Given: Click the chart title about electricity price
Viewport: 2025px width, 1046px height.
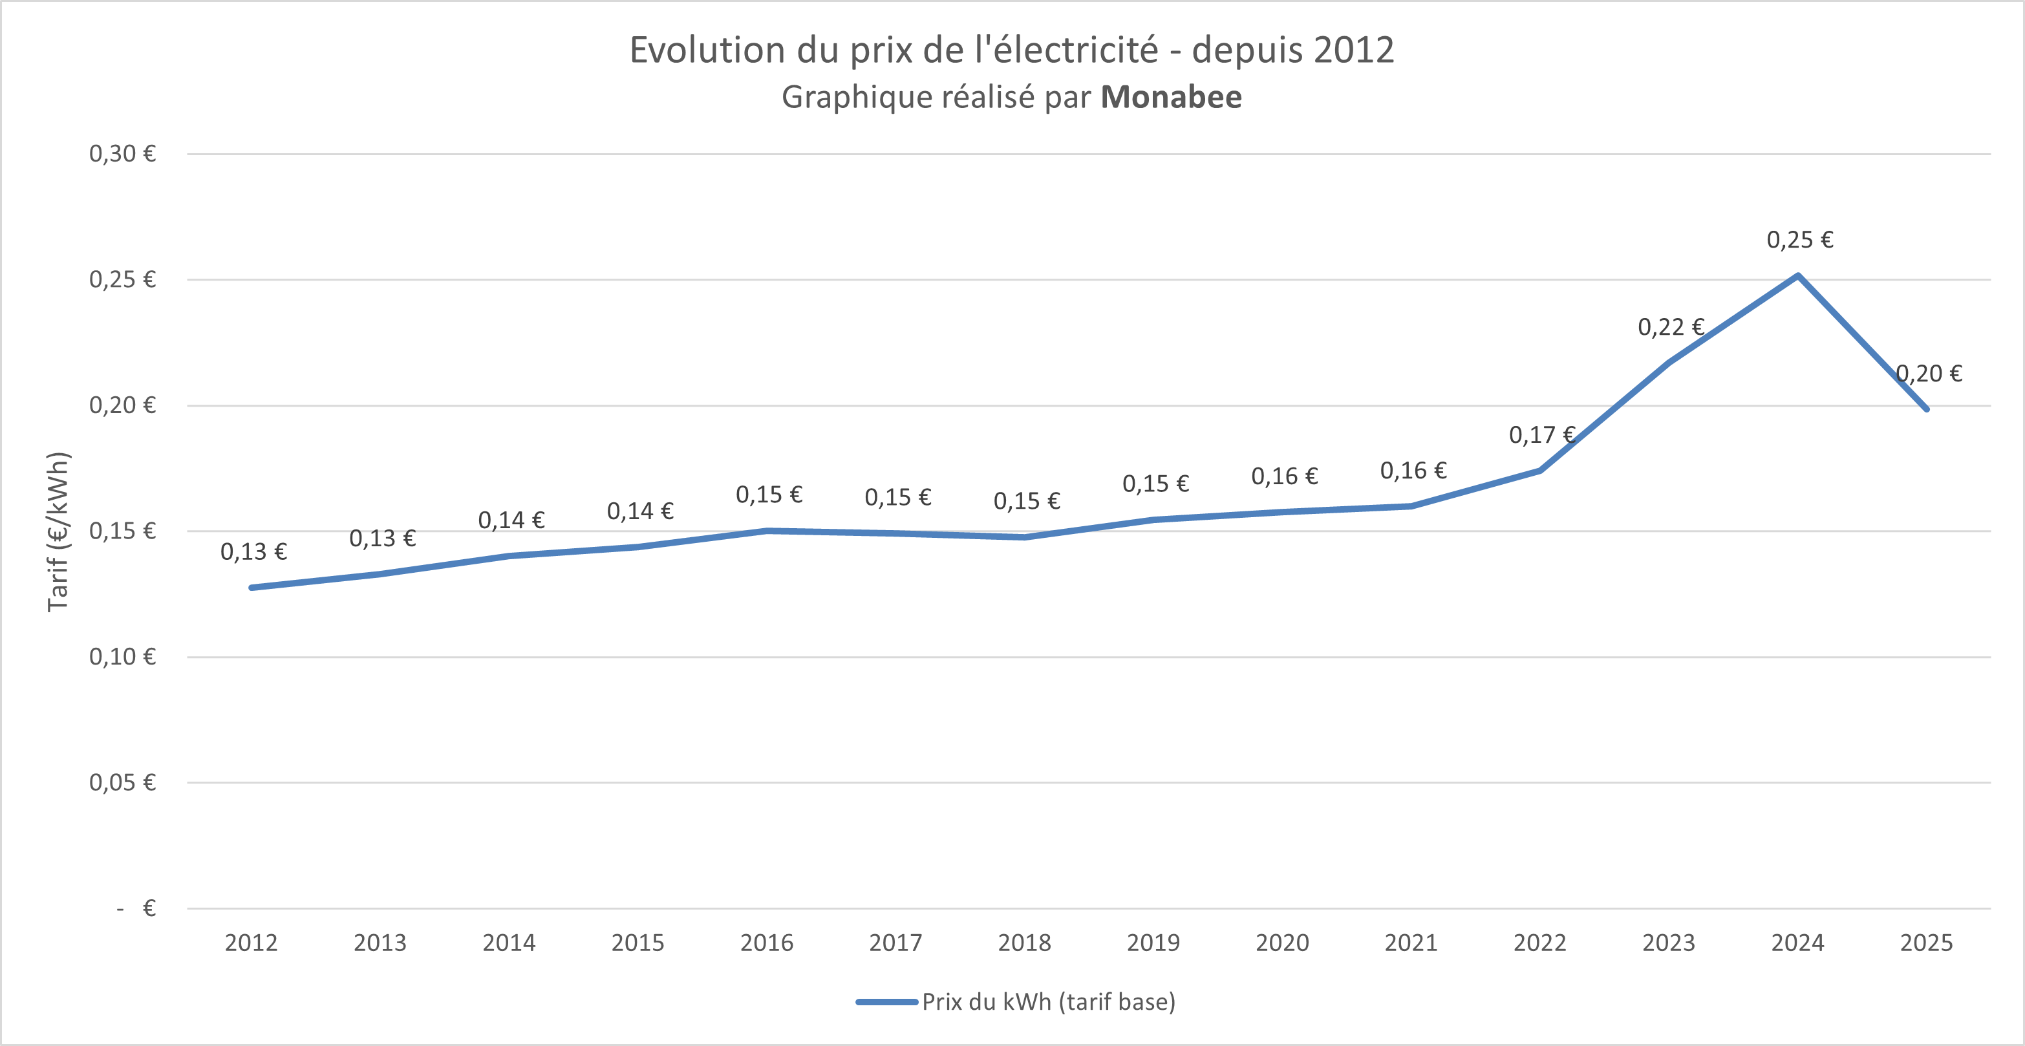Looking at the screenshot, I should point(1012,50).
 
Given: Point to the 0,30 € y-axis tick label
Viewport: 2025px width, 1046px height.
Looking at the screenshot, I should point(123,154).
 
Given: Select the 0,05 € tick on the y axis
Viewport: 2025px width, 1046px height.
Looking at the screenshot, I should point(123,783).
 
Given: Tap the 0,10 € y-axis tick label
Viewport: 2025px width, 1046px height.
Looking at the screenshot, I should point(123,657).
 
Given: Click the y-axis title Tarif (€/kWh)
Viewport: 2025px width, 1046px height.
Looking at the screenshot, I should point(59,532).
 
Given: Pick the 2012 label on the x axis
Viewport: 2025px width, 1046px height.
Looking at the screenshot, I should point(251,943).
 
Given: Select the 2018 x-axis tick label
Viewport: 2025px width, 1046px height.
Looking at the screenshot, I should point(1024,943).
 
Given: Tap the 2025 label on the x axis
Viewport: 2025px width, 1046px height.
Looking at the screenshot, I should point(1926,943).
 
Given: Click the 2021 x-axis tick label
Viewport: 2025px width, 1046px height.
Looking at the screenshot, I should point(1411,943).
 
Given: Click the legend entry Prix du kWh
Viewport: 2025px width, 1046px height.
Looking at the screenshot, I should point(1049,1002).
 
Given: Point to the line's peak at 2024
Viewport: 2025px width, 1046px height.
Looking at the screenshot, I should point(1798,276).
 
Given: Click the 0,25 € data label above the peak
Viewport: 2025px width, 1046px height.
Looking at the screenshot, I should point(1800,240).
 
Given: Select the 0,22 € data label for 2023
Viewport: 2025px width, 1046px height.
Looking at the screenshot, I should point(1671,327).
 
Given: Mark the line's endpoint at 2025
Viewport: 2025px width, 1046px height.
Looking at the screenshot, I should point(1926,409).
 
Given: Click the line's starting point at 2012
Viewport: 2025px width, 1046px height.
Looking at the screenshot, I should point(252,587).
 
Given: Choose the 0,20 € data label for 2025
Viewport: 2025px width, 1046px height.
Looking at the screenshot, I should point(1929,373).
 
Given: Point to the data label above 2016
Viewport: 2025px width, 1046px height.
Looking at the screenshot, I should point(769,495).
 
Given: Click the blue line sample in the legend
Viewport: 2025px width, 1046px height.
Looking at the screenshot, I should point(886,1002).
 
